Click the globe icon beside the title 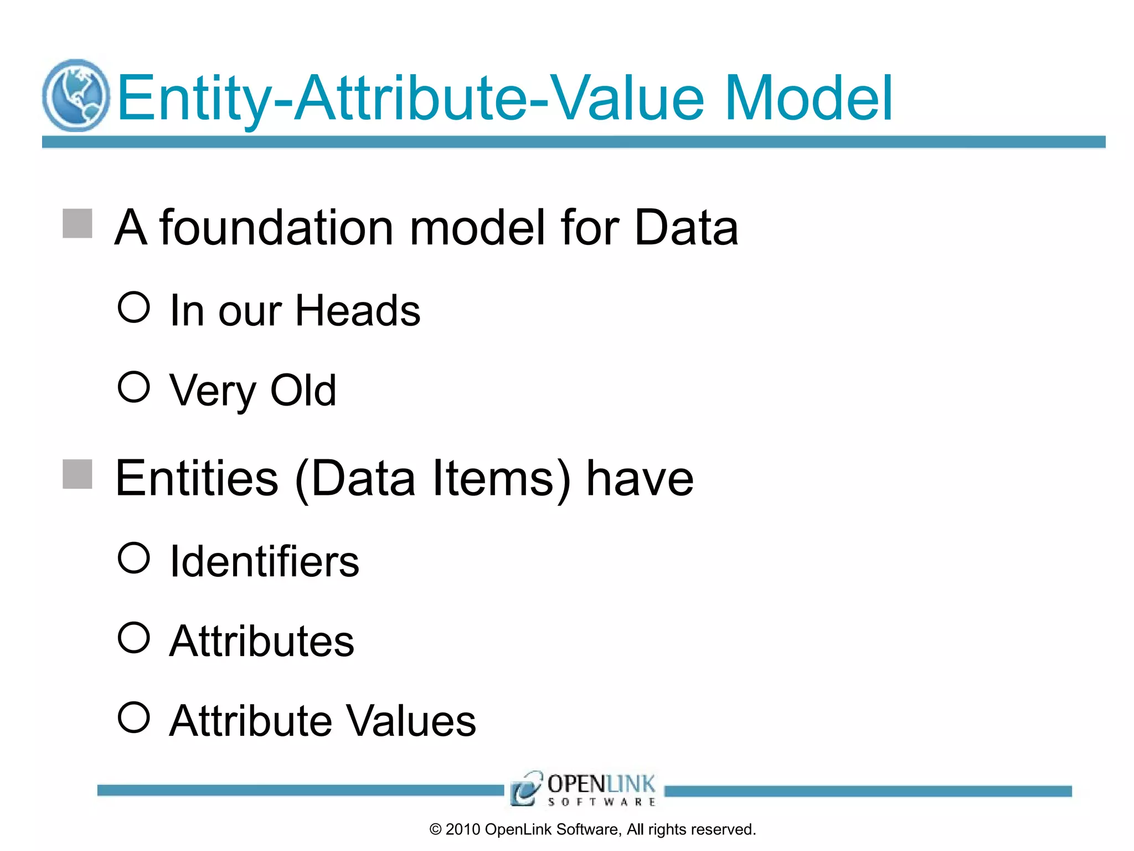[x=76, y=95]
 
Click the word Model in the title [x=808, y=99]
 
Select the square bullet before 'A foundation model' [x=78, y=223]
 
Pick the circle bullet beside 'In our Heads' [x=134, y=307]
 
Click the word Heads [x=358, y=310]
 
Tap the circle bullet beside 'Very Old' [x=134, y=387]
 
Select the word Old [x=303, y=390]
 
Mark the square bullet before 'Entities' [x=78, y=474]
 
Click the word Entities [x=197, y=478]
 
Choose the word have [x=640, y=478]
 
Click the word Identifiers [x=265, y=561]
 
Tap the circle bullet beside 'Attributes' [x=134, y=637]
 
